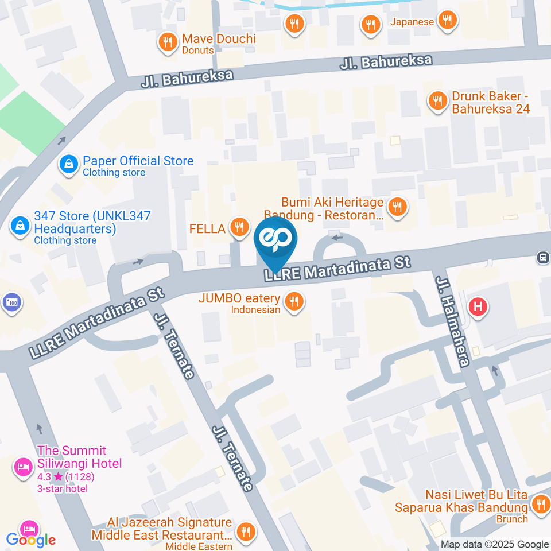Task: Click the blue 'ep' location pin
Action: [276, 240]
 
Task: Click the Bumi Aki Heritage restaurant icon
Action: [397, 207]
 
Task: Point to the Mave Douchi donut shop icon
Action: [168, 42]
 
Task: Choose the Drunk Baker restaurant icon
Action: [437, 101]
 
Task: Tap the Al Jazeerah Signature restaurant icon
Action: [247, 531]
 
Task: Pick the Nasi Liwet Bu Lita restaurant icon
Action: [540, 505]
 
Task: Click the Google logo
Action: [30, 540]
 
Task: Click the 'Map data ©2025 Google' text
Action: [495, 544]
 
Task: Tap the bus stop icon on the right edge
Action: [542, 258]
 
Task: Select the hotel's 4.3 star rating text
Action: [65, 476]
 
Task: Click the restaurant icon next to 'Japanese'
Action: [446, 21]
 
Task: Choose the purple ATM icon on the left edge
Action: [11, 301]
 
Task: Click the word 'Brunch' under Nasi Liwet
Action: [513, 519]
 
